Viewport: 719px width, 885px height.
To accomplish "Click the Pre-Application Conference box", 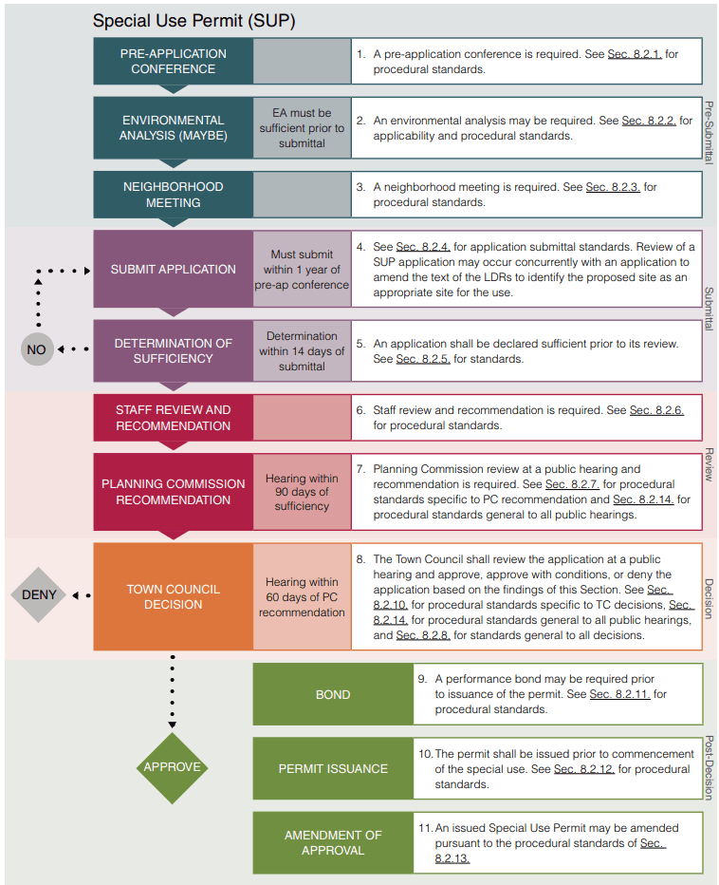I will (x=173, y=61).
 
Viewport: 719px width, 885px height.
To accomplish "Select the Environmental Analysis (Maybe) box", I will (x=173, y=127).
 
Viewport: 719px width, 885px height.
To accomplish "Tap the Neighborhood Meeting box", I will (x=173, y=195).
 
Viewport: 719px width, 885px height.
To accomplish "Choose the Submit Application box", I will (x=173, y=269).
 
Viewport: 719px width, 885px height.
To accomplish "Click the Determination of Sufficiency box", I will (x=173, y=350).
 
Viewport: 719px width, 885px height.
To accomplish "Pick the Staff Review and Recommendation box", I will (x=173, y=418).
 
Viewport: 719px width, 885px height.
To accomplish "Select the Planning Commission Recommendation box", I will (x=173, y=491).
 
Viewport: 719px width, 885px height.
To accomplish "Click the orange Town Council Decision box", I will (x=173, y=596).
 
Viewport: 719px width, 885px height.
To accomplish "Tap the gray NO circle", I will (x=36, y=349).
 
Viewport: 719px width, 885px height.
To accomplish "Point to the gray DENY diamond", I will (x=39, y=595).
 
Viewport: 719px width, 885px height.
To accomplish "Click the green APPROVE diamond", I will (x=172, y=767).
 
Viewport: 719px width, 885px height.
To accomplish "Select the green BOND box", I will (x=333, y=694).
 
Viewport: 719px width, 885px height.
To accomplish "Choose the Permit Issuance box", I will (x=333, y=768).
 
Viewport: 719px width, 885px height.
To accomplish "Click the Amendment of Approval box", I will (x=333, y=842).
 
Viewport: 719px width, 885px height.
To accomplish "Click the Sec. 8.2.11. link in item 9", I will (x=620, y=694).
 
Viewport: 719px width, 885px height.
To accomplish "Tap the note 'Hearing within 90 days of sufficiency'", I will (x=302, y=492).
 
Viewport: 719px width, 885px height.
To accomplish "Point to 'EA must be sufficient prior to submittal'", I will (x=302, y=128).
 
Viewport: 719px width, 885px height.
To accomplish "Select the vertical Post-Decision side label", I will (x=709, y=767).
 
